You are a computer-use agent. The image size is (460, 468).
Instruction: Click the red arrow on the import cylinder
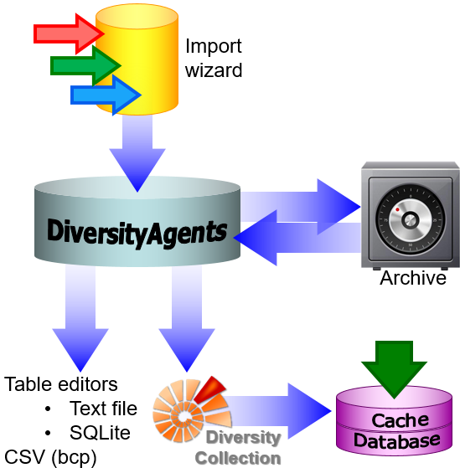pos(69,33)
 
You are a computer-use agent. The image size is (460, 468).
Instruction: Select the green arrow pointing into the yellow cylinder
pos(85,65)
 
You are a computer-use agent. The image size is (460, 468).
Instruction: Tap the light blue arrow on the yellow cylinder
pos(106,95)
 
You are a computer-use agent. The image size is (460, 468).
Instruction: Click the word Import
pos(214,47)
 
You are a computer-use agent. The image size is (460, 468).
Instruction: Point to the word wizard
pos(214,70)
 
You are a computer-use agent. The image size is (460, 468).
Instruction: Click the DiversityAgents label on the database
pos(137,233)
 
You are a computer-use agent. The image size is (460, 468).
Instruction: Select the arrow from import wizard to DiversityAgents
pos(137,152)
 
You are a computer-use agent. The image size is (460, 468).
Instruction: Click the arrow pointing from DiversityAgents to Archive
pos(300,207)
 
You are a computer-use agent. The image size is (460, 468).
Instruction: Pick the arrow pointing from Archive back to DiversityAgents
pos(297,238)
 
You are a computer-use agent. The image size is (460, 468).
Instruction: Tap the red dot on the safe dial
pos(397,209)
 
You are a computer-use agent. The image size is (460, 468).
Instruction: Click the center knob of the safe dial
pos(411,220)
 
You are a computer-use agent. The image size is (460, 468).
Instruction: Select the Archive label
pos(413,278)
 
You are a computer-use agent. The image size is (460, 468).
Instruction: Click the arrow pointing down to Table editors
pos(80,318)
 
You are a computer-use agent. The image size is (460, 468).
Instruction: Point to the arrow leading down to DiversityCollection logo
pos(187,318)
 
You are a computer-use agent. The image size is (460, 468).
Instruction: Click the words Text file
pos(103,409)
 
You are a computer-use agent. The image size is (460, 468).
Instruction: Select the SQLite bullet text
pos(100,433)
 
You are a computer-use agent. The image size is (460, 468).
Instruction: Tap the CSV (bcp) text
pos(50,458)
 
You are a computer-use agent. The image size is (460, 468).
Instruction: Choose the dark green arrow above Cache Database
pos(394,369)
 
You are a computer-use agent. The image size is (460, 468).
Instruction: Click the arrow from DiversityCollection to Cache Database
pos(278,411)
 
